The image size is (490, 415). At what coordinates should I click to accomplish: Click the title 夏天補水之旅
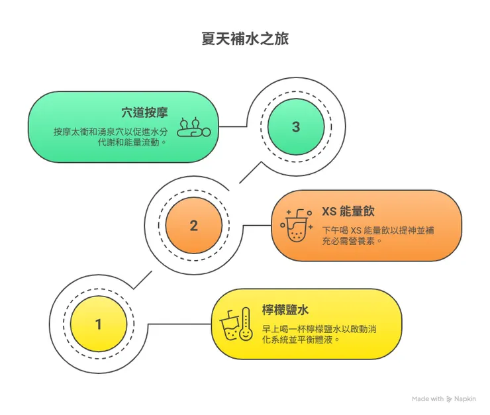(x=244, y=39)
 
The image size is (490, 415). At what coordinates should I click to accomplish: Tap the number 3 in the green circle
(x=295, y=126)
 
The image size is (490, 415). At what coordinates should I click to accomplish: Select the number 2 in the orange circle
(x=193, y=225)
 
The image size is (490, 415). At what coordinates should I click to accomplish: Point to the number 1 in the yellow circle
(x=99, y=324)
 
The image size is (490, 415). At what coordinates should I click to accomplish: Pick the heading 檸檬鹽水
(x=284, y=310)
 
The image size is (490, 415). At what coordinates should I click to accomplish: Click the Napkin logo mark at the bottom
(x=449, y=398)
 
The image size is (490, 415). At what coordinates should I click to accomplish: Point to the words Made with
(x=428, y=398)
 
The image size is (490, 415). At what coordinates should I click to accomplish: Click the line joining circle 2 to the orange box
(x=258, y=225)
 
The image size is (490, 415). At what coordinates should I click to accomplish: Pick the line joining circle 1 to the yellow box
(x=179, y=324)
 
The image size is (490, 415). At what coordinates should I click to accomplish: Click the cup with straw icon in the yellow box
(x=229, y=326)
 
